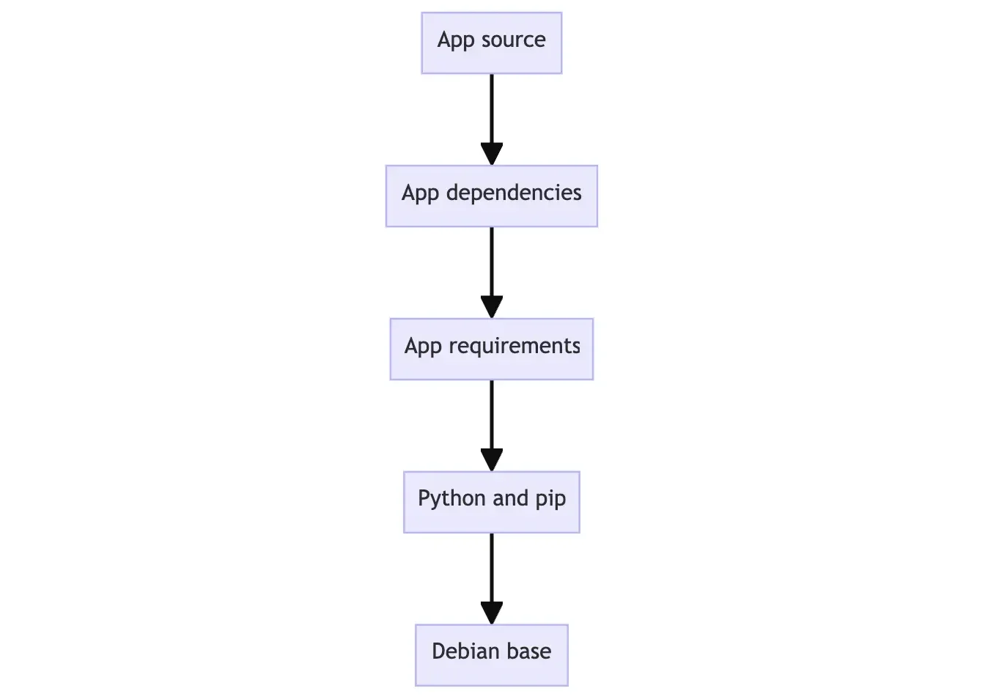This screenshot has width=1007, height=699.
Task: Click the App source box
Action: tap(491, 42)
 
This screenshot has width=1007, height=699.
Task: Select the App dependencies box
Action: tap(491, 196)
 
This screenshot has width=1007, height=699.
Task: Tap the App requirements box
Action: tap(491, 349)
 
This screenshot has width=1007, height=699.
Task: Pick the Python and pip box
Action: tap(491, 502)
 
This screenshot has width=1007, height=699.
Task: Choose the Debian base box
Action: tap(491, 655)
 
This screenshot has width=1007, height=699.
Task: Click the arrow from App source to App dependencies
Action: tap(491, 119)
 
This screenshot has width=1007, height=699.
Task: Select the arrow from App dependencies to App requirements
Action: tap(491, 273)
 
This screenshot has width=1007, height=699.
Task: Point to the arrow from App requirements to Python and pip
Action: tap(491, 426)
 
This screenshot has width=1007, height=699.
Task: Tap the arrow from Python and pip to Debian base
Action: tap(491, 579)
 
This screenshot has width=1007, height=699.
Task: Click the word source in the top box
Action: tap(513, 40)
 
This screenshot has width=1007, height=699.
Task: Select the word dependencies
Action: tap(514, 193)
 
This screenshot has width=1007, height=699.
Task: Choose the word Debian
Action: tap(464, 651)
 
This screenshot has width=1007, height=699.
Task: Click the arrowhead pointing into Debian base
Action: tap(491, 613)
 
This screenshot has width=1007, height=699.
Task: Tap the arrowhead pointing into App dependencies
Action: tap(491, 154)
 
